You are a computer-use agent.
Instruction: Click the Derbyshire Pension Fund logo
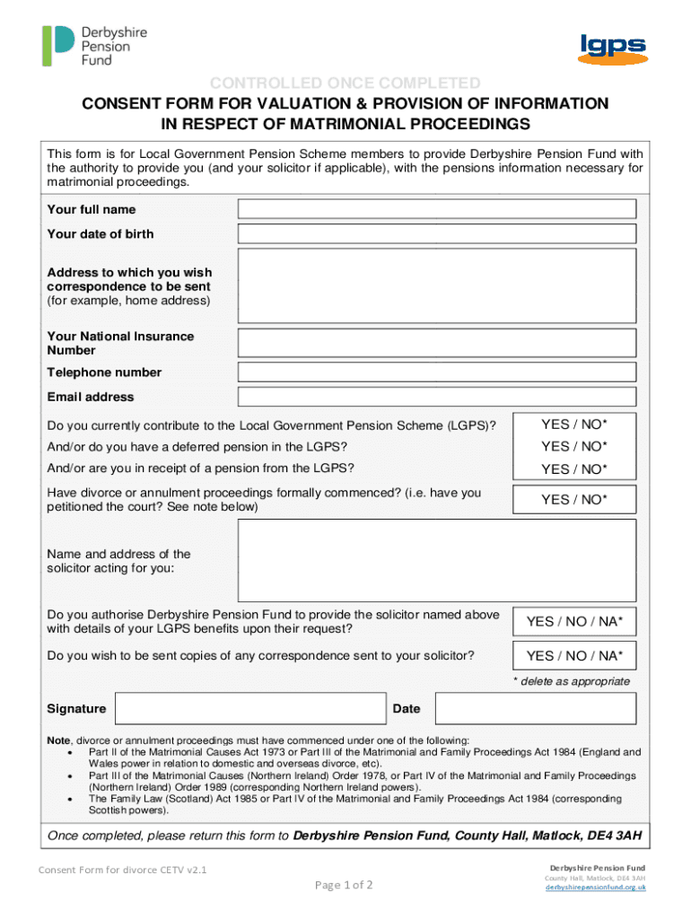click(x=93, y=46)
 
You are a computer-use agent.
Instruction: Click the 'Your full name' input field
click(x=436, y=209)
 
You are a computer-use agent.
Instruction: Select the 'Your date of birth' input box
click(x=436, y=233)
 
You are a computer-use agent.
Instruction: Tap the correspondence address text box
click(x=436, y=285)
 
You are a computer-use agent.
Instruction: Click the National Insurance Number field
click(x=436, y=343)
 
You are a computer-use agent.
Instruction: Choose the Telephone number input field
click(x=436, y=372)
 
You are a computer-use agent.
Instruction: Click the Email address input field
click(x=436, y=397)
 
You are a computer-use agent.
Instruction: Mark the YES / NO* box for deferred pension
click(x=573, y=446)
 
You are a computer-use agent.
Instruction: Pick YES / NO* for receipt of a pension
click(x=573, y=468)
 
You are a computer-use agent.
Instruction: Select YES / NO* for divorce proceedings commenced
click(x=573, y=500)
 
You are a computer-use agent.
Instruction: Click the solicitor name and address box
click(x=436, y=561)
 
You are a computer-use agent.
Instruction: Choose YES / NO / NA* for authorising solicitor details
click(x=573, y=621)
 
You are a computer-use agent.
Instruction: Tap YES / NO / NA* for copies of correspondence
click(x=573, y=656)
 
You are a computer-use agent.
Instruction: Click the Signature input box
click(x=250, y=709)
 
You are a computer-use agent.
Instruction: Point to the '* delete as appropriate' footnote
click(x=571, y=681)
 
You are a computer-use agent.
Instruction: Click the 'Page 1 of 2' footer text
click(x=344, y=886)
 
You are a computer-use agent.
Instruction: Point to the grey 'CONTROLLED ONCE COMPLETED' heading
click(x=345, y=83)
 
